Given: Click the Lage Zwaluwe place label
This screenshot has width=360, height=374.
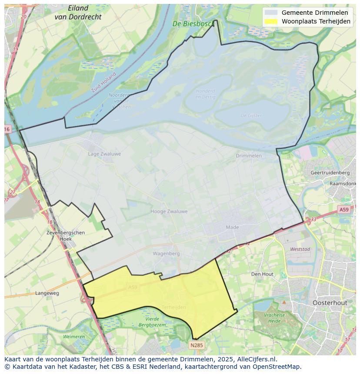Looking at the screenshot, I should pyautogui.click(x=104, y=154).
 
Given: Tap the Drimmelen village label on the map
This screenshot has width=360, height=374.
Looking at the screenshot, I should pyautogui.click(x=249, y=156).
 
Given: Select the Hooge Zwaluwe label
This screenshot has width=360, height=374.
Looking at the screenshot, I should pyautogui.click(x=169, y=212).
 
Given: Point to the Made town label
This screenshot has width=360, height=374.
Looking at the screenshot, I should pyautogui.click(x=233, y=227).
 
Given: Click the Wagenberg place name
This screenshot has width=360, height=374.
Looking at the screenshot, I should pyautogui.click(x=166, y=253).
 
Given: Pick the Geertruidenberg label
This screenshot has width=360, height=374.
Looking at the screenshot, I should pyautogui.click(x=330, y=172).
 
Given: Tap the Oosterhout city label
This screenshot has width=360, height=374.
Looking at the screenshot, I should pyautogui.click(x=330, y=302).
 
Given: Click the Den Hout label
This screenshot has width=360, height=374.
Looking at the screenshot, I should pyautogui.click(x=262, y=274).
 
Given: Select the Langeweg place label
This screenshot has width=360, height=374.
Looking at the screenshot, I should pyautogui.click(x=47, y=293).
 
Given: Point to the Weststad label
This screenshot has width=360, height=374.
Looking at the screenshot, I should pyautogui.click(x=300, y=249).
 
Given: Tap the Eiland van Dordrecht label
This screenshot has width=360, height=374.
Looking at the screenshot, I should pyautogui.click(x=78, y=13).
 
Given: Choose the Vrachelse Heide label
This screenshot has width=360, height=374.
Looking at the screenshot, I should pyautogui.click(x=274, y=318).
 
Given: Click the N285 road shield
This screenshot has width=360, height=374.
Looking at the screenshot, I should pyautogui.click(x=197, y=345).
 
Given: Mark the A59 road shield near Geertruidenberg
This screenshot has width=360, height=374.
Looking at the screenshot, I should pyautogui.click(x=344, y=210).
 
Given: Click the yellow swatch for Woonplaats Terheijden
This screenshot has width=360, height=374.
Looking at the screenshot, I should pyautogui.click(x=271, y=21).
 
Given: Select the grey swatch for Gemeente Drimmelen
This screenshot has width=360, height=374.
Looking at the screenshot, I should pyautogui.click(x=271, y=13).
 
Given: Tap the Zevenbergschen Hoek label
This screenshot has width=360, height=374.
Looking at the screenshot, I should pyautogui.click(x=65, y=235).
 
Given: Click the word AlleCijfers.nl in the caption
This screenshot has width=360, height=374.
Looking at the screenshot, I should pyautogui.click(x=256, y=359).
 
